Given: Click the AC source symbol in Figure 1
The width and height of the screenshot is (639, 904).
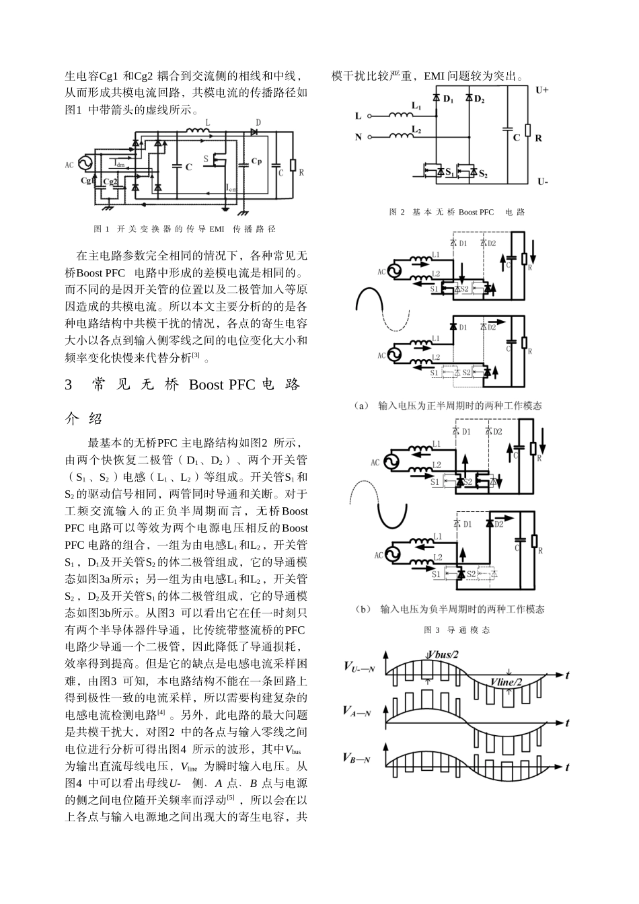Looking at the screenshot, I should point(85,164).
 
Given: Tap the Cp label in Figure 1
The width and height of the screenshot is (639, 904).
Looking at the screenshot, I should point(256,160).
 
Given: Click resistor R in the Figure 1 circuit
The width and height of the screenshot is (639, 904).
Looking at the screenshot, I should point(293,165).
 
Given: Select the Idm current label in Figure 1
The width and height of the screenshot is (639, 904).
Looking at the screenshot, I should point(118,163).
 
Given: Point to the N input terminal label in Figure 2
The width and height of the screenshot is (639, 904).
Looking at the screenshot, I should point(358,137).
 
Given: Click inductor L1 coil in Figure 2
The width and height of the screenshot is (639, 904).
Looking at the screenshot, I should point(403,114).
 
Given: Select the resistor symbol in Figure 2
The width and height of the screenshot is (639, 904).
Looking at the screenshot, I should point(528,131).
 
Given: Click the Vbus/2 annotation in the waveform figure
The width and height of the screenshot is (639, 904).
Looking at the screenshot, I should point(443,654).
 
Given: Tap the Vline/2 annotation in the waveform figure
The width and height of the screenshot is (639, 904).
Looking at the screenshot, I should point(506,683).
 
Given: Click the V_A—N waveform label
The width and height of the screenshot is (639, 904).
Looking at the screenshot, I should point(356,711).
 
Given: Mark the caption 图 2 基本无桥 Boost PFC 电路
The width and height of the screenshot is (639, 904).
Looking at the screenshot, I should point(457,213).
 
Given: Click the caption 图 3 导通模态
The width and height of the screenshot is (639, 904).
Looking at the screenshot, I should point(457,630).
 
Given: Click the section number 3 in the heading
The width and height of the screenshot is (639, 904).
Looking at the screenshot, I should point(69,385).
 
